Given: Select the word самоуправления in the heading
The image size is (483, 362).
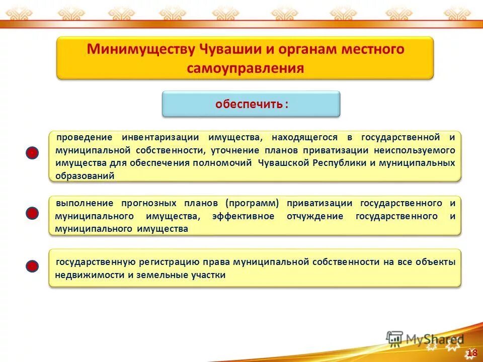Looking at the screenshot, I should point(245,68).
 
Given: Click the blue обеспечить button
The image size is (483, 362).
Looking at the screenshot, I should point(251,104).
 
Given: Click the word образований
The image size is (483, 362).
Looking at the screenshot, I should point(85,176).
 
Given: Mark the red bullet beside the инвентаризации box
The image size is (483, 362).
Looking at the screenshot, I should point(32,154).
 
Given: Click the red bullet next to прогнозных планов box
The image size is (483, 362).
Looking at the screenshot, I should point(32,214).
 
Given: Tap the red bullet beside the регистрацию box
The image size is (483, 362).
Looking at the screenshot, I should point(32,266).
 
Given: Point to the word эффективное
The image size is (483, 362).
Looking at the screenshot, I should point(243,216).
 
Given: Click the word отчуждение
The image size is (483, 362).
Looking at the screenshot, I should point(314,216).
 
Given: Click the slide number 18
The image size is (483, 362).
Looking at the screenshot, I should point(472,353).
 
